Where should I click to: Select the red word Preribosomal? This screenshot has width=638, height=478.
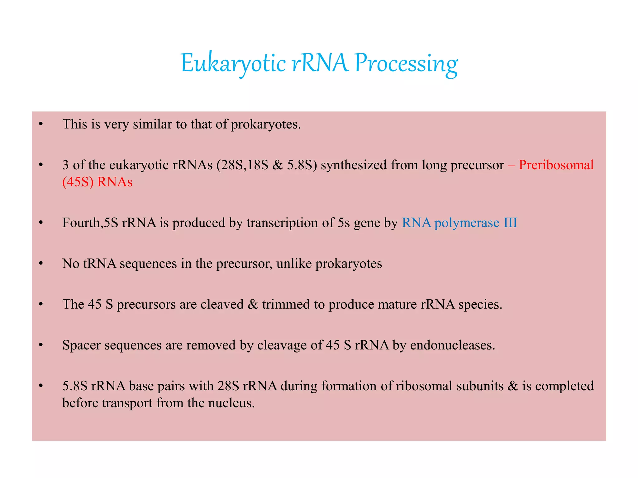point(556,165)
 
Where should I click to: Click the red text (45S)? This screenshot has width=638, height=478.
point(78,182)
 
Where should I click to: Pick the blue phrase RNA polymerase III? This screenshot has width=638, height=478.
point(459,223)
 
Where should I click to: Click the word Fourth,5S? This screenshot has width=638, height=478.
point(90,223)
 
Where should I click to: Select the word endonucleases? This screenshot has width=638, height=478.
point(452,345)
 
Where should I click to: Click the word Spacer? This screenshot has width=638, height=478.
point(81,345)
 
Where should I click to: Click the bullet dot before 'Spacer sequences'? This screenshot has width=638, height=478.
point(41,345)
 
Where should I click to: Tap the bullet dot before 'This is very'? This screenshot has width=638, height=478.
point(41,124)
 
